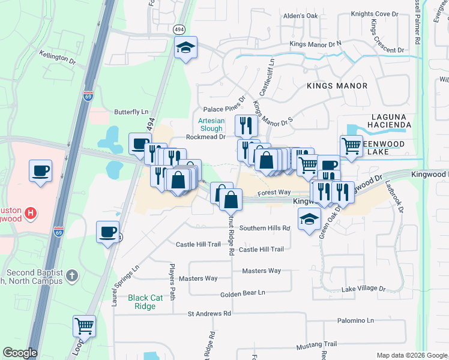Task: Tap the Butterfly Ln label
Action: (131, 112)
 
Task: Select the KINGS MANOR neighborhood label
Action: (337, 86)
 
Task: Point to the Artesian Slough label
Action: (211, 124)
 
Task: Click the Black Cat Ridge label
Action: (142, 302)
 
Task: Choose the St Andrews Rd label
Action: (209, 314)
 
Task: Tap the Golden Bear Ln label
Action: (243, 293)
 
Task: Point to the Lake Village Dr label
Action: (364, 289)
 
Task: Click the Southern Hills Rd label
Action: (265, 228)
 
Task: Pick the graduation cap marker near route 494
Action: (185, 47)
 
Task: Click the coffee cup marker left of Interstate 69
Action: (40, 171)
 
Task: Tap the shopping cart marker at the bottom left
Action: (85, 326)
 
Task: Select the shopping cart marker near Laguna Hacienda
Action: (351, 145)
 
